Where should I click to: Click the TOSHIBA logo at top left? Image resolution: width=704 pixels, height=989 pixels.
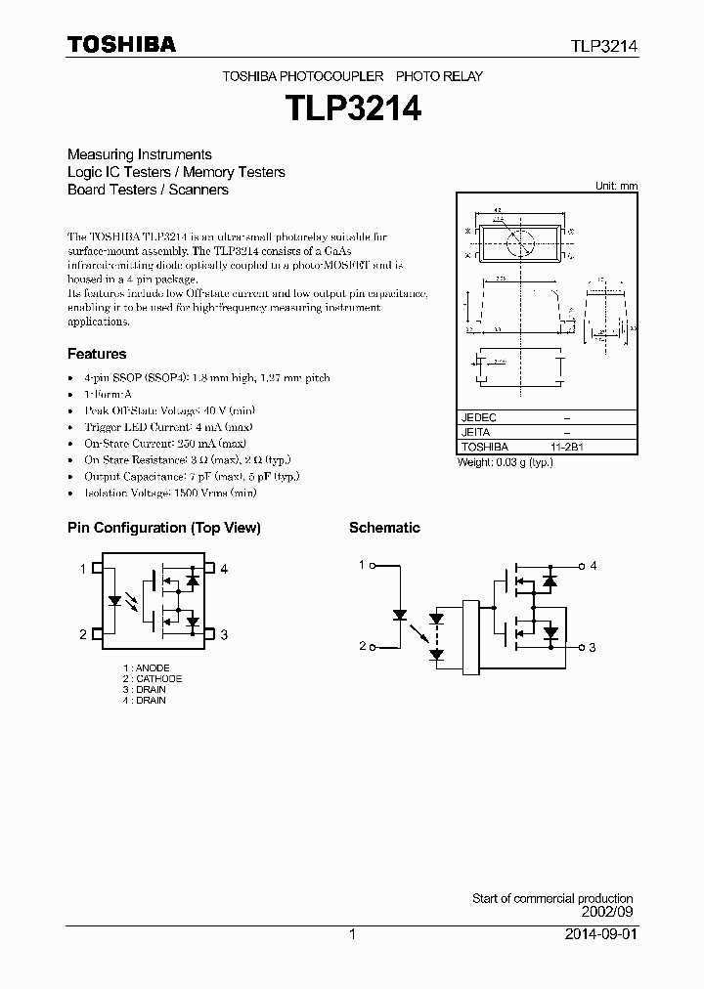click(121, 45)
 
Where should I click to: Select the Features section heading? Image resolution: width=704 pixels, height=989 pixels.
click(97, 354)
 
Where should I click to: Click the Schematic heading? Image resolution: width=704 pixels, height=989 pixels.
click(384, 528)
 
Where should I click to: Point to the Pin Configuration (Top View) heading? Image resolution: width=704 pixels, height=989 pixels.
click(163, 528)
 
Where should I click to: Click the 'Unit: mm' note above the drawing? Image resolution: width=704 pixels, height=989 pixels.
click(616, 186)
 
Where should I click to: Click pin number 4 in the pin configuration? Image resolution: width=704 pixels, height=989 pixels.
click(224, 569)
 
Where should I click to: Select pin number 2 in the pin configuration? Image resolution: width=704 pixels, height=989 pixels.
click(83, 635)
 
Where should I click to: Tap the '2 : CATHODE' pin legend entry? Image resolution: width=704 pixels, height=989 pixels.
click(153, 679)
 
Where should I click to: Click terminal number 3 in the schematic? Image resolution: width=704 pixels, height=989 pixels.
click(593, 647)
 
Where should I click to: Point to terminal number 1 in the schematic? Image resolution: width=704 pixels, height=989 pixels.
click(361, 565)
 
